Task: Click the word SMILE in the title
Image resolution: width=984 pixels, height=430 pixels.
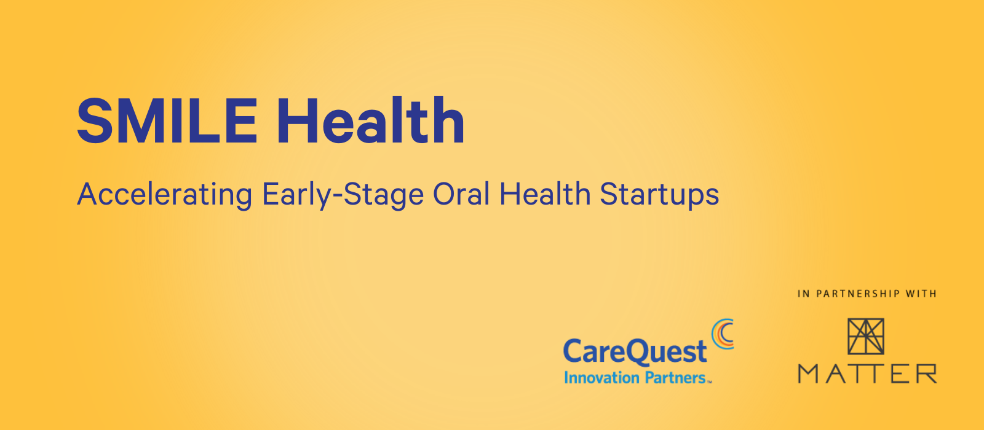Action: [x=167, y=120]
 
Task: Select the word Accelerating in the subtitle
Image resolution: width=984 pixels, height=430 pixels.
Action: [x=165, y=194]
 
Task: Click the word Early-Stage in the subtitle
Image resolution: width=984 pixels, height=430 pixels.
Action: [x=343, y=194]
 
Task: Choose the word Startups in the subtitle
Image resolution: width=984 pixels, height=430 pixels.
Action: [x=659, y=194]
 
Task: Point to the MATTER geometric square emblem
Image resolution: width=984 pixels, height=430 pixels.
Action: [x=865, y=337]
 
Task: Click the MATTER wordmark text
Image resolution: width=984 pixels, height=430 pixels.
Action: [x=867, y=373]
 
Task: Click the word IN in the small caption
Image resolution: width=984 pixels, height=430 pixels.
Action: [x=804, y=294]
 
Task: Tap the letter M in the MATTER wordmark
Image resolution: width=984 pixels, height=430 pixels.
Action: [x=807, y=373]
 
